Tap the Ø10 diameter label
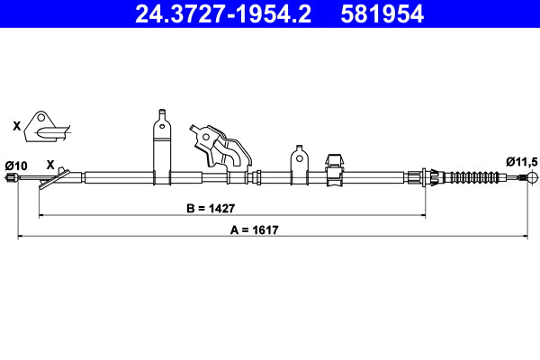pos(16,165)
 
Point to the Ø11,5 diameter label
pos(521,161)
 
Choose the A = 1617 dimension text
pos(254,230)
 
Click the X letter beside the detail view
pos(16,127)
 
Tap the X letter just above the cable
pos(50,166)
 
